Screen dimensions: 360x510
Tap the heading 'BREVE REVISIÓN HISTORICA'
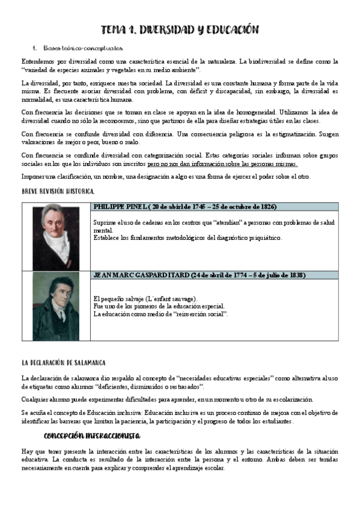(x=58, y=191)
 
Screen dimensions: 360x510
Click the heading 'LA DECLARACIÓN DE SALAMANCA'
(x=63, y=363)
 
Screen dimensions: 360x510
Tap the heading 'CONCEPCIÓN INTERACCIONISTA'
(x=92, y=435)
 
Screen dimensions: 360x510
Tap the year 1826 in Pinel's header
(x=268, y=206)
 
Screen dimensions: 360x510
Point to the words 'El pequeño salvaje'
(x=120, y=299)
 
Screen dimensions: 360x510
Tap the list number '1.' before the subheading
(x=35, y=48)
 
